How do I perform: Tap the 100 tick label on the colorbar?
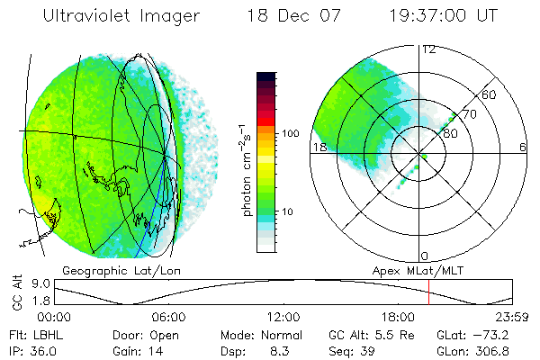point(290,133)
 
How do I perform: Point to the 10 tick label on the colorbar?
point(287,211)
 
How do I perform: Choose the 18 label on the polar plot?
point(319,146)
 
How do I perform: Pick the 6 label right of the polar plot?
point(523,146)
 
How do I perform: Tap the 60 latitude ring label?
point(490,94)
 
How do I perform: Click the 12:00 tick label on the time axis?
point(284,318)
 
